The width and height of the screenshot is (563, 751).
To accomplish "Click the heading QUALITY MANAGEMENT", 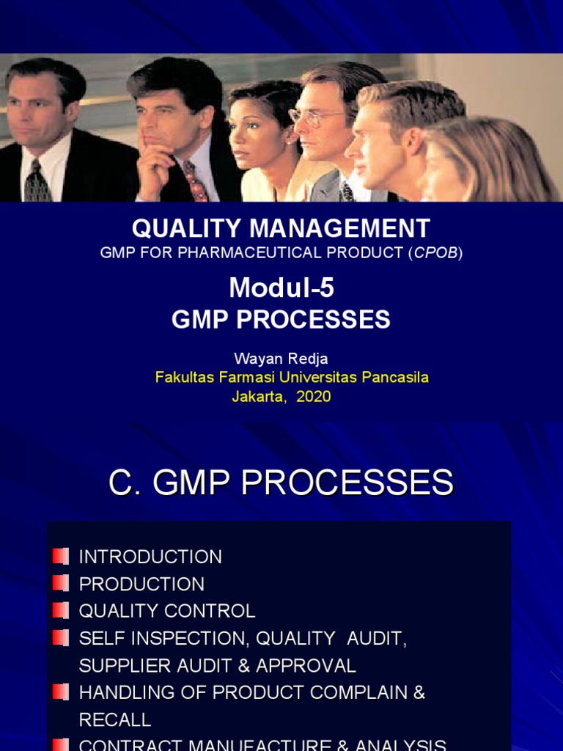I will [x=281, y=228].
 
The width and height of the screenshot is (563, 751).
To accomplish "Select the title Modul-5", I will [x=281, y=288].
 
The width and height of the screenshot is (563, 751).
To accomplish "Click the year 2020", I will [x=314, y=397].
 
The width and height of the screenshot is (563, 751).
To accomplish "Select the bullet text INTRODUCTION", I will [x=150, y=557].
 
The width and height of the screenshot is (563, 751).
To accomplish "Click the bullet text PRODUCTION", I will [x=141, y=584].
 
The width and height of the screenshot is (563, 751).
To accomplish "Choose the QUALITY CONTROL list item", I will [x=167, y=611].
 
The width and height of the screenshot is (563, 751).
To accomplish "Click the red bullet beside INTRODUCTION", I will [x=61, y=556].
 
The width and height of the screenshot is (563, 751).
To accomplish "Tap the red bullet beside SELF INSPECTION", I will [x=61, y=637].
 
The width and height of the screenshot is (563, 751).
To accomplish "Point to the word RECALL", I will [x=115, y=719].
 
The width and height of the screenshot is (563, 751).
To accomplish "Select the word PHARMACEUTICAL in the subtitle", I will [x=238, y=253].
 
